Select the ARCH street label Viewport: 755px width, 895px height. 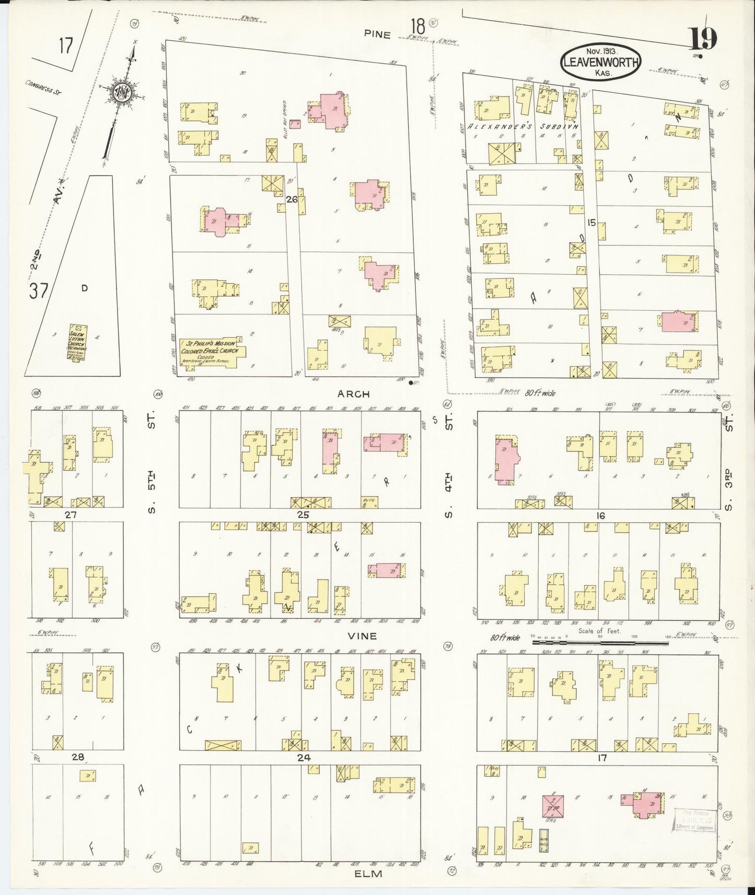point(353,394)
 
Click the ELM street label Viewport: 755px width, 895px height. point(369,874)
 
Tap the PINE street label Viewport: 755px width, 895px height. point(377,35)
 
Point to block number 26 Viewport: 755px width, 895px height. point(292,199)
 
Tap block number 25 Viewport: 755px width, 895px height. point(303,515)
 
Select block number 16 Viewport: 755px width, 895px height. point(600,516)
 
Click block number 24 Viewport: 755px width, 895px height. point(304,758)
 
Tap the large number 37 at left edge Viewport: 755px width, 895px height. point(39,291)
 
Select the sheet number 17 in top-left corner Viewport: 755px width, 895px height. point(65,46)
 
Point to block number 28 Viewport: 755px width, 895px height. point(77,757)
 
